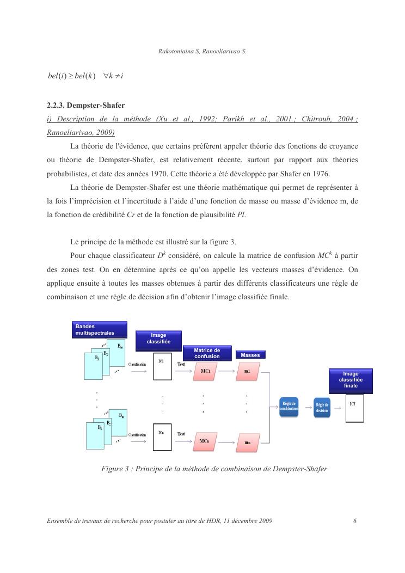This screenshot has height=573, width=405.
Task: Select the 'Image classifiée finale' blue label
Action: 351,379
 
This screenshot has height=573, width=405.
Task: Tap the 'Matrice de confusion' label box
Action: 207,353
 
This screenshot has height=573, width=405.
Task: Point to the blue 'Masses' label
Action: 250,355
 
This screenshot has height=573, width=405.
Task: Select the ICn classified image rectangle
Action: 162,437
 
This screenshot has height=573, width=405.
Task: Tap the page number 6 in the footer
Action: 354,521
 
